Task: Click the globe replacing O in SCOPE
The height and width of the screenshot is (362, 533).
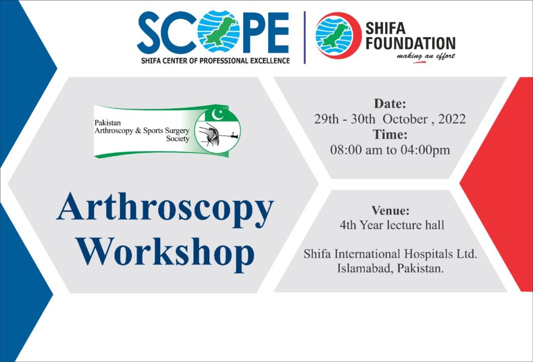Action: (219, 31)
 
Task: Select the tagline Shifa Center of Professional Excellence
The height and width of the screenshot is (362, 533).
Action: (215, 61)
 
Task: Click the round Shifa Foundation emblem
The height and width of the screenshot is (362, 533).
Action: (338, 35)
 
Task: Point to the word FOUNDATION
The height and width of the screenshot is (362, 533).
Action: (410, 43)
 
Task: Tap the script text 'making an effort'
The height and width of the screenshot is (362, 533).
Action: (426, 56)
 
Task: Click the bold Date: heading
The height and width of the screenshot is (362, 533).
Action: (390, 104)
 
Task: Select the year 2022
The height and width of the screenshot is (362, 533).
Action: (452, 119)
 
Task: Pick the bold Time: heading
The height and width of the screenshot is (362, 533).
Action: (390, 134)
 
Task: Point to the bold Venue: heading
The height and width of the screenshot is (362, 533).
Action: (390, 210)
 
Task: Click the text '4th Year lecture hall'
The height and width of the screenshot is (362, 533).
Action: (392, 225)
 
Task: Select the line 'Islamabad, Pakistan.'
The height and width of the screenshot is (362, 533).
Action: (390, 268)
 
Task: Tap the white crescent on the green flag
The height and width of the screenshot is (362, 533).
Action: (217, 114)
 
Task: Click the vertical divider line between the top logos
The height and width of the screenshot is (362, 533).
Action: (304, 38)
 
